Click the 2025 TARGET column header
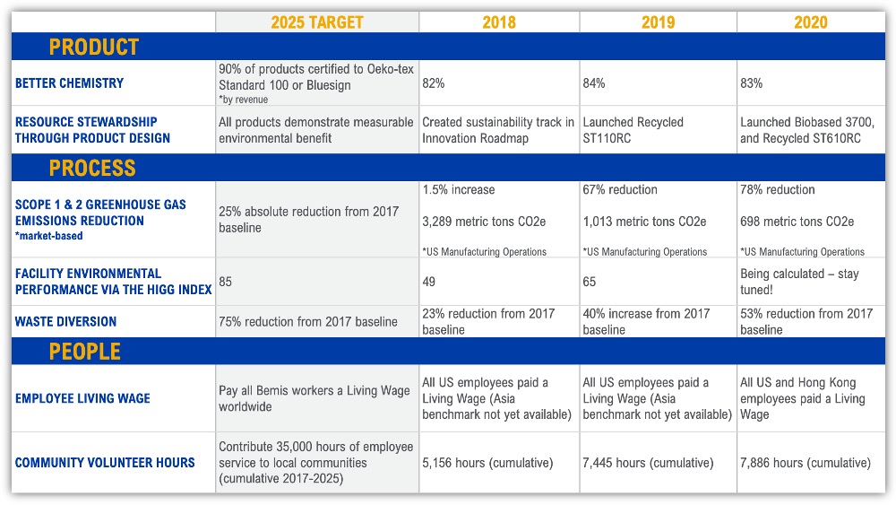[318, 22]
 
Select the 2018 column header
[499, 22]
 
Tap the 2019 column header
[659, 22]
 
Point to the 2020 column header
[811, 22]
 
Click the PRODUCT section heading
[94, 48]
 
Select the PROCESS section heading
[92, 168]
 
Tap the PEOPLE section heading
[85, 352]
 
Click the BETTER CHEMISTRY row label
[70, 83]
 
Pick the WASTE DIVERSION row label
[66, 321]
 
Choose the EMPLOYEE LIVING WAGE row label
[82, 398]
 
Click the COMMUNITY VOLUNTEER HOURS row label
[105, 463]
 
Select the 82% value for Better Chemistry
[434, 83]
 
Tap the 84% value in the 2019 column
[594, 83]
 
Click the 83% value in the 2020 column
[752, 83]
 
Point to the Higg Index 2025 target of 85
[227, 282]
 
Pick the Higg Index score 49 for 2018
[430, 282]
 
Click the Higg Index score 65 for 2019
[590, 282]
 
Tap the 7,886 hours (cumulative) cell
[806, 463]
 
